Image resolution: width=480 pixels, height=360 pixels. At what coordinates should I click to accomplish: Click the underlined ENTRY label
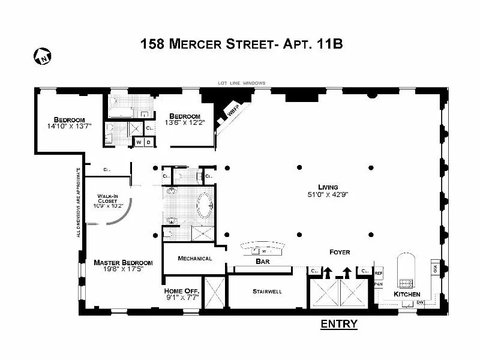tap(339, 325)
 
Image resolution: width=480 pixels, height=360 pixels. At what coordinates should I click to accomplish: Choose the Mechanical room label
tap(195, 259)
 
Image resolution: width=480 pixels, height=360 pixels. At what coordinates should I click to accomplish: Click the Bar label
tap(262, 262)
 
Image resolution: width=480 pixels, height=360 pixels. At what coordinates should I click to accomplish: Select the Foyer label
tap(340, 252)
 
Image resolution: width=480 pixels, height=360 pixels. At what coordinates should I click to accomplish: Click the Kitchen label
tap(406, 295)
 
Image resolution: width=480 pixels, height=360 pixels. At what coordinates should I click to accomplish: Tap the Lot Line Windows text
tap(243, 83)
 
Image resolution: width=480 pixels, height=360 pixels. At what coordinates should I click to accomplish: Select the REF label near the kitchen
tap(379, 273)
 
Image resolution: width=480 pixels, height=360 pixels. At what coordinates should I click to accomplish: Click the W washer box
tap(139, 142)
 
